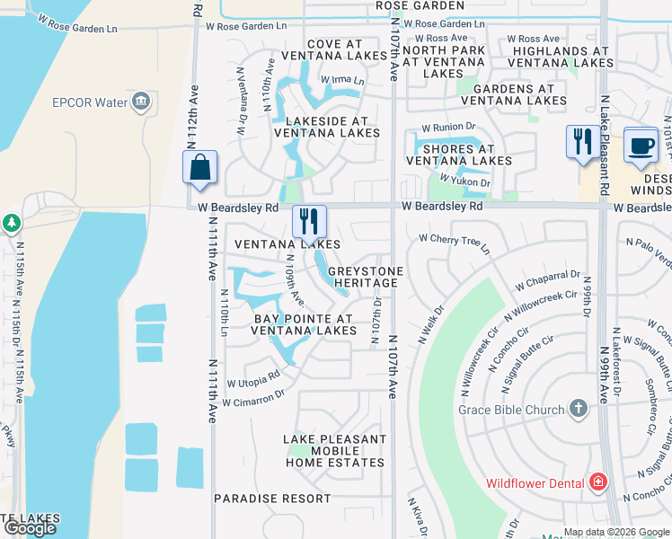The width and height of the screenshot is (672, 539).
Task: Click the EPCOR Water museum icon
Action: pos(140,102)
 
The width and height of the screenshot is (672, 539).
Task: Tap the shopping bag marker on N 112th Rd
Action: pos(199,168)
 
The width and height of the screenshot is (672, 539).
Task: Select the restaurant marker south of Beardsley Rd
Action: pos(309,221)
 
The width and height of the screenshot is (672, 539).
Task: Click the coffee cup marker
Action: pos(641,146)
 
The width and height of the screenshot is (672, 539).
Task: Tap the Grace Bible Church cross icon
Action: pos(578,410)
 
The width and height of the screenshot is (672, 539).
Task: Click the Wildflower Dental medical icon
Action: pos(597,483)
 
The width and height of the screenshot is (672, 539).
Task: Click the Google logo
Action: pos(30,528)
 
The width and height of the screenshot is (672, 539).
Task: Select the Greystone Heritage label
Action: pos(363,277)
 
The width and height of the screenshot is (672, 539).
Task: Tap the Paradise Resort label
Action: pos(272,498)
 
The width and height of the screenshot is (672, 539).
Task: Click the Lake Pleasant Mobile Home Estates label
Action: pos(335,451)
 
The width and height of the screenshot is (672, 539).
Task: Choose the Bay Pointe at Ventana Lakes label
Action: pos(304,324)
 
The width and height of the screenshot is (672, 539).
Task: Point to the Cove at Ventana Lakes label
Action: pos(334,50)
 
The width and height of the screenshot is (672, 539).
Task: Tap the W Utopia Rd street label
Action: pos(253,379)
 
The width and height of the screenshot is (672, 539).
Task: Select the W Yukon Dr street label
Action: pos(465,181)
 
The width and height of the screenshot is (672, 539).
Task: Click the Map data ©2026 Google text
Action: pos(616,531)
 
